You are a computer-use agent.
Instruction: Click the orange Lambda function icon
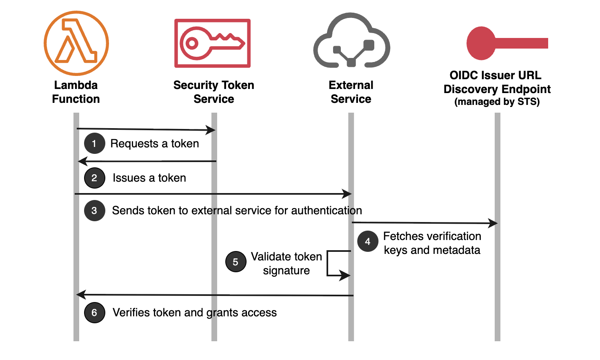[76, 43]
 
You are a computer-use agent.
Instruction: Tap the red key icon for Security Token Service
[212, 43]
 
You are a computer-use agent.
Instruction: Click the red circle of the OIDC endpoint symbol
[481, 43]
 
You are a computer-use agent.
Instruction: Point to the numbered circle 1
[94, 144]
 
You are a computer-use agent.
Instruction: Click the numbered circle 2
[94, 178]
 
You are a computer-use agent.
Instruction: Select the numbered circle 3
[94, 211]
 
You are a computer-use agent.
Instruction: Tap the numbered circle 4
[367, 242]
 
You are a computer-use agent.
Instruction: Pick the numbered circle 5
[236, 262]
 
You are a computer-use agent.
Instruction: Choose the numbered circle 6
[94, 313]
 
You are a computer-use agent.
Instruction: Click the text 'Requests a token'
[155, 144]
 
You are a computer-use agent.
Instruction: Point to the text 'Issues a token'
[149, 178]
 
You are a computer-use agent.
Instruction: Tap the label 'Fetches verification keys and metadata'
[432, 243]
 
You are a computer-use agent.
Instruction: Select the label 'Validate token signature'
[287, 264]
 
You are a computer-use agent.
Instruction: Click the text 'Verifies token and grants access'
[195, 313]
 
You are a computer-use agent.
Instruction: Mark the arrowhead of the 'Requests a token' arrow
[211, 130]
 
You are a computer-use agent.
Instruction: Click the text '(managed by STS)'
[497, 102]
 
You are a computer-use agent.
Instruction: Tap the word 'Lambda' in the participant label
[76, 85]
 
